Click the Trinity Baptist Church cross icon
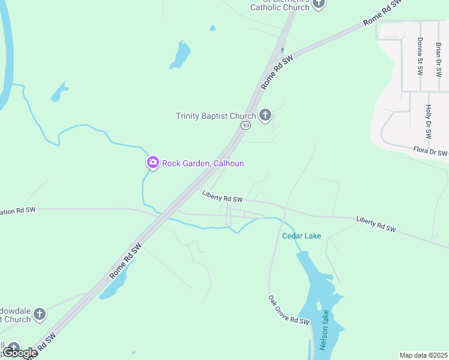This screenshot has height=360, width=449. coord(266,116)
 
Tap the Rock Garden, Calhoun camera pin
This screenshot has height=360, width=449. coord(152,163)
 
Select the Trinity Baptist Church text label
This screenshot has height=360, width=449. coord(215,116)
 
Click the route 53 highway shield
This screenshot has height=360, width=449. coord(246,125)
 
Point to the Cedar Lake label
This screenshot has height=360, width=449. coord(301,236)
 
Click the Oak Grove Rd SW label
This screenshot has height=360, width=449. coord(289,310)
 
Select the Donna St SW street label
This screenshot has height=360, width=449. coord(420,57)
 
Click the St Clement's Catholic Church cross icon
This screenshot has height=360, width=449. coord(319,4)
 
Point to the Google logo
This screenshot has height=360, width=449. coord(19,353)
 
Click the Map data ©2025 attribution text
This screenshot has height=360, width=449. coord(423,355)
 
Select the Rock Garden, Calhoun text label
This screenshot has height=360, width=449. coord(203,163)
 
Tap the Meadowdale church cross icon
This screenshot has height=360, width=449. coord(39,314)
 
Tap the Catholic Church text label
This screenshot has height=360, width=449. coord(279,7)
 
